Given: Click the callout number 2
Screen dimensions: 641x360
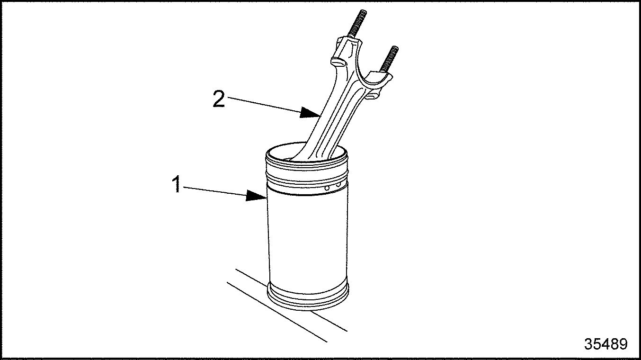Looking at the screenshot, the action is coord(219,99).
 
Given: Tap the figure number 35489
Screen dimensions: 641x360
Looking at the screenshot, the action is coord(606,344).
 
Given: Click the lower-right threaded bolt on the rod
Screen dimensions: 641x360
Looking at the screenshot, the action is coord(389,59).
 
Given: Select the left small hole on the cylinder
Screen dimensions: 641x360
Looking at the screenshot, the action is coord(327,188).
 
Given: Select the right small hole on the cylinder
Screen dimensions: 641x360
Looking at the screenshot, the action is coord(338,186).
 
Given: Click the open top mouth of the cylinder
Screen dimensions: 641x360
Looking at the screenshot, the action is coord(306,153).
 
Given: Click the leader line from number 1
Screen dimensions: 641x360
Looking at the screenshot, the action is coord(214,191).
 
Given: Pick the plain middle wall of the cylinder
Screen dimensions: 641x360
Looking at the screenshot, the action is coord(308,238).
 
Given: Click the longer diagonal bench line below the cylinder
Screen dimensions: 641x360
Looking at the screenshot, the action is coord(277,312).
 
